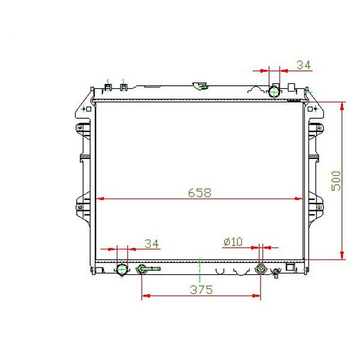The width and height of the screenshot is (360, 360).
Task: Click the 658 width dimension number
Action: [199, 193]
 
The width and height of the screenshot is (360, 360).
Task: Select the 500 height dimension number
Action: [336, 181]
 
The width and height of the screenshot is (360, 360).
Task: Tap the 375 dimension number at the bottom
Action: [202, 290]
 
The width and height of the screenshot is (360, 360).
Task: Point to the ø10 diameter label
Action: [232, 242]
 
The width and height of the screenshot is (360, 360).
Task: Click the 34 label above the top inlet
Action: [304, 65]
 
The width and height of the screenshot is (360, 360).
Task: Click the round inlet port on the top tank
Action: [275, 91]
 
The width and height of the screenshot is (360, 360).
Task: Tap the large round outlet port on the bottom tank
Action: [121, 269]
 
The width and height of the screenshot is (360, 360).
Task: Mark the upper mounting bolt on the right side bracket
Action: [319, 127]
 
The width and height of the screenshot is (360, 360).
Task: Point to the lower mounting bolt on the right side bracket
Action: [319, 207]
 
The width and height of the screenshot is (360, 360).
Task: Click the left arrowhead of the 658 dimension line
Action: [101, 199]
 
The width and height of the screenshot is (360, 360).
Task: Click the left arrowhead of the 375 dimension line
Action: [145, 296]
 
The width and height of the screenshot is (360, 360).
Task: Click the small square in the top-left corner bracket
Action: [88, 109]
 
